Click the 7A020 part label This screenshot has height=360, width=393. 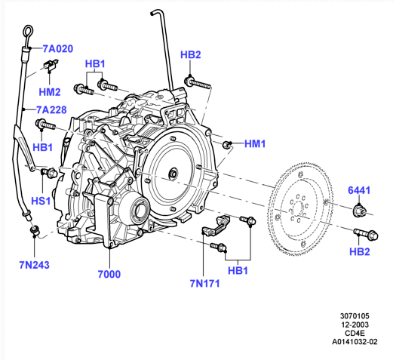pyautogui.click(x=58, y=49)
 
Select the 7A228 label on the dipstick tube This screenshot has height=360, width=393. pyautogui.click(x=51, y=110)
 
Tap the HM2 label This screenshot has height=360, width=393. pyautogui.click(x=50, y=92)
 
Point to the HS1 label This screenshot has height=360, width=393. pyautogui.click(x=41, y=201)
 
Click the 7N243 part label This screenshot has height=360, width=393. pyautogui.click(x=34, y=265)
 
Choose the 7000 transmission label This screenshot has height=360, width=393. pyautogui.click(x=109, y=274)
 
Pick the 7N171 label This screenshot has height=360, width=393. pyautogui.click(x=204, y=284)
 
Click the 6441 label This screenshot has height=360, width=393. pyautogui.click(x=359, y=190)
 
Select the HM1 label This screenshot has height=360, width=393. pyautogui.click(x=255, y=144)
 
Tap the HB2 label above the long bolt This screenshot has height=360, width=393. pyautogui.click(x=191, y=55)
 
